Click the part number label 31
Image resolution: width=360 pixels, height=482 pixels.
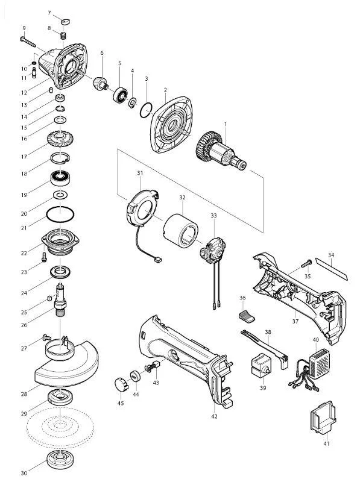pyautogui.click(x=140, y=173)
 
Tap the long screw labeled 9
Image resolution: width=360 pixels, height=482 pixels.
pyautogui.click(x=28, y=42)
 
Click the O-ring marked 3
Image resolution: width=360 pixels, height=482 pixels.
pyautogui.click(x=146, y=110)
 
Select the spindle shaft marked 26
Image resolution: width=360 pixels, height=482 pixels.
pyautogui.click(x=60, y=299)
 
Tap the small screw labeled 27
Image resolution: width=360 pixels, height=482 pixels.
pyautogui.click(x=46, y=337)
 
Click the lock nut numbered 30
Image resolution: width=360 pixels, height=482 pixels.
pyautogui.click(x=60, y=459)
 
